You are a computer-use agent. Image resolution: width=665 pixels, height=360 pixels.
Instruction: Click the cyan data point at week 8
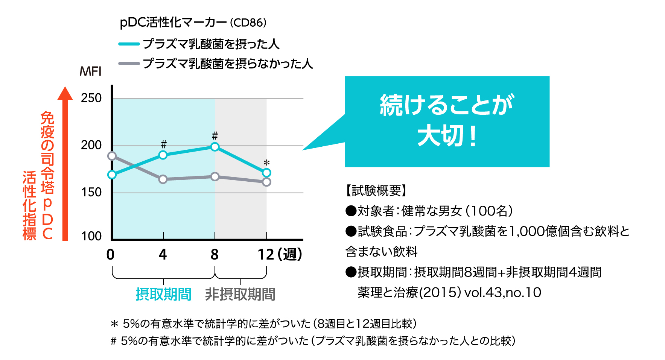pos(215,147)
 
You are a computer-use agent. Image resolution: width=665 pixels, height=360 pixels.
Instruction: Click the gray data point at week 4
pos(163,179)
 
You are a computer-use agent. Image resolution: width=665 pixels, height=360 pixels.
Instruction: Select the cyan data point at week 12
pos(266,173)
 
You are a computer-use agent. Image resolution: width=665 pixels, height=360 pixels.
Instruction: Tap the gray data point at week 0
pos(112,156)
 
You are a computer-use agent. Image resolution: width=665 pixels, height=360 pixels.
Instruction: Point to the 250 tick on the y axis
pos(91,98)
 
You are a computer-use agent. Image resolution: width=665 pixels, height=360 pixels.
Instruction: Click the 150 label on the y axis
pos(91,193)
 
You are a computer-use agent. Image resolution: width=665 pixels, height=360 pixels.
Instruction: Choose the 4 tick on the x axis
pos(163,255)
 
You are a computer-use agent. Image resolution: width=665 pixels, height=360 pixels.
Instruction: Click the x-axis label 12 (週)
pos(280,255)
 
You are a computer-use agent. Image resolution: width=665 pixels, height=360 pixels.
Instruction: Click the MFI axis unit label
pos(90,71)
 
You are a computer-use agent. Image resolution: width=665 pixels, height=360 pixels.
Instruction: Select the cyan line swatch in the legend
pos(129,44)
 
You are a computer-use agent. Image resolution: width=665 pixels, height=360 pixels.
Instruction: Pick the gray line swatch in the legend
pos(129,64)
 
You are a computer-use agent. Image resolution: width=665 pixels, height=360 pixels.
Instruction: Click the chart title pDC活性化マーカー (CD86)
pos(193,23)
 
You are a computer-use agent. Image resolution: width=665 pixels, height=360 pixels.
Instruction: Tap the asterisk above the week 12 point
pos(266,163)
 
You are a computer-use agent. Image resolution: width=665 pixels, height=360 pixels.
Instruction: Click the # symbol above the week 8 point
pos(215,135)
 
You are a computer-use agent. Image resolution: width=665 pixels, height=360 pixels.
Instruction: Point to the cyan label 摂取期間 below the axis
pos(163,294)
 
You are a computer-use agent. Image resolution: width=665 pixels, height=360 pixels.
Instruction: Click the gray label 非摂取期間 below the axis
pos(240,294)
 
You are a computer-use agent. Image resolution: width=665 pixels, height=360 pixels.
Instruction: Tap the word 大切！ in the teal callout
pos(447,136)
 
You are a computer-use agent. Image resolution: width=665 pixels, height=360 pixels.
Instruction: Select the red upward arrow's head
pos(65,93)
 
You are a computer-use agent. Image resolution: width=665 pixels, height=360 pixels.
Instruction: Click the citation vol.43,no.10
pos(503,293)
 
